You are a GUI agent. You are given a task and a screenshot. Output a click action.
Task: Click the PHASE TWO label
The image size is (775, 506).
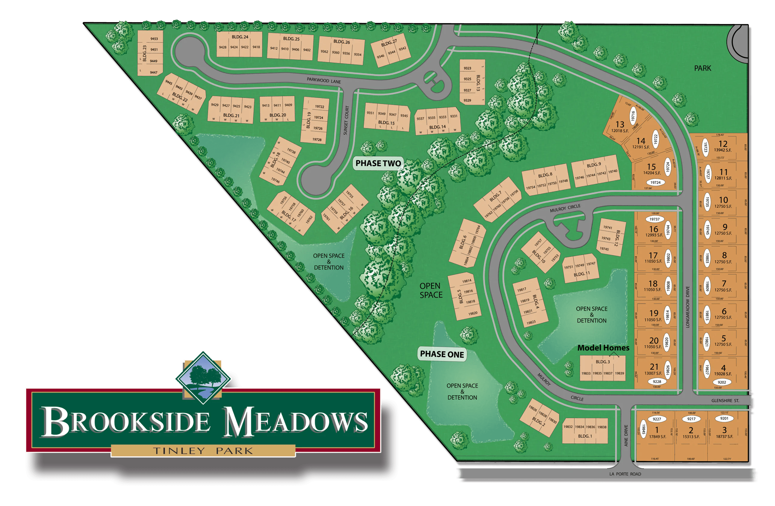[x=378, y=163]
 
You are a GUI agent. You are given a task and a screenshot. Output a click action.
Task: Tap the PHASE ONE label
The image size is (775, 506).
[x=442, y=354]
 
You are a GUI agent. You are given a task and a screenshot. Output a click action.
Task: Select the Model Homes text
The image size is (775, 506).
[x=603, y=348]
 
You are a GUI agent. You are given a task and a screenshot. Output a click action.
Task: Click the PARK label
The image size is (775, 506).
[x=703, y=68]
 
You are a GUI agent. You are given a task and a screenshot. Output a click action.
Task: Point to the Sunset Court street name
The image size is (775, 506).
[x=346, y=120]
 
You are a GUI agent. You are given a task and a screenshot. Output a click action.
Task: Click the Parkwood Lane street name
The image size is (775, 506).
[x=324, y=80]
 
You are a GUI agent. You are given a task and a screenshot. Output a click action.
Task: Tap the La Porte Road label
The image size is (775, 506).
[x=625, y=474]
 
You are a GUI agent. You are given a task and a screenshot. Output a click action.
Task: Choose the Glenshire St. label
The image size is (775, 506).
[x=725, y=401]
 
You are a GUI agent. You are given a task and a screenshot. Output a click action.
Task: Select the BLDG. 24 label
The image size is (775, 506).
[x=240, y=37]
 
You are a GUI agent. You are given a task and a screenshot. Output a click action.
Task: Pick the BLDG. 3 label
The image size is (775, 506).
[x=603, y=362]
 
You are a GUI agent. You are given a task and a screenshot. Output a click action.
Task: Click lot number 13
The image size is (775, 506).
[x=620, y=124]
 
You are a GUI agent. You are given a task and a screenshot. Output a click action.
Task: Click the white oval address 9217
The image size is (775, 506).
[x=691, y=419]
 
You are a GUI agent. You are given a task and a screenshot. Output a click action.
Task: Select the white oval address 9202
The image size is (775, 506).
[x=722, y=382]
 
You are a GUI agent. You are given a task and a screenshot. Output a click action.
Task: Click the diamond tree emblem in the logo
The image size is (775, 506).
[x=203, y=377]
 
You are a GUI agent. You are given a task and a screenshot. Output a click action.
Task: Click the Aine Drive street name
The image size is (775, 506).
[x=626, y=435]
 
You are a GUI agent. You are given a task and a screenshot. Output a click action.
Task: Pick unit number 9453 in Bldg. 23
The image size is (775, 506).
[x=154, y=39]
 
